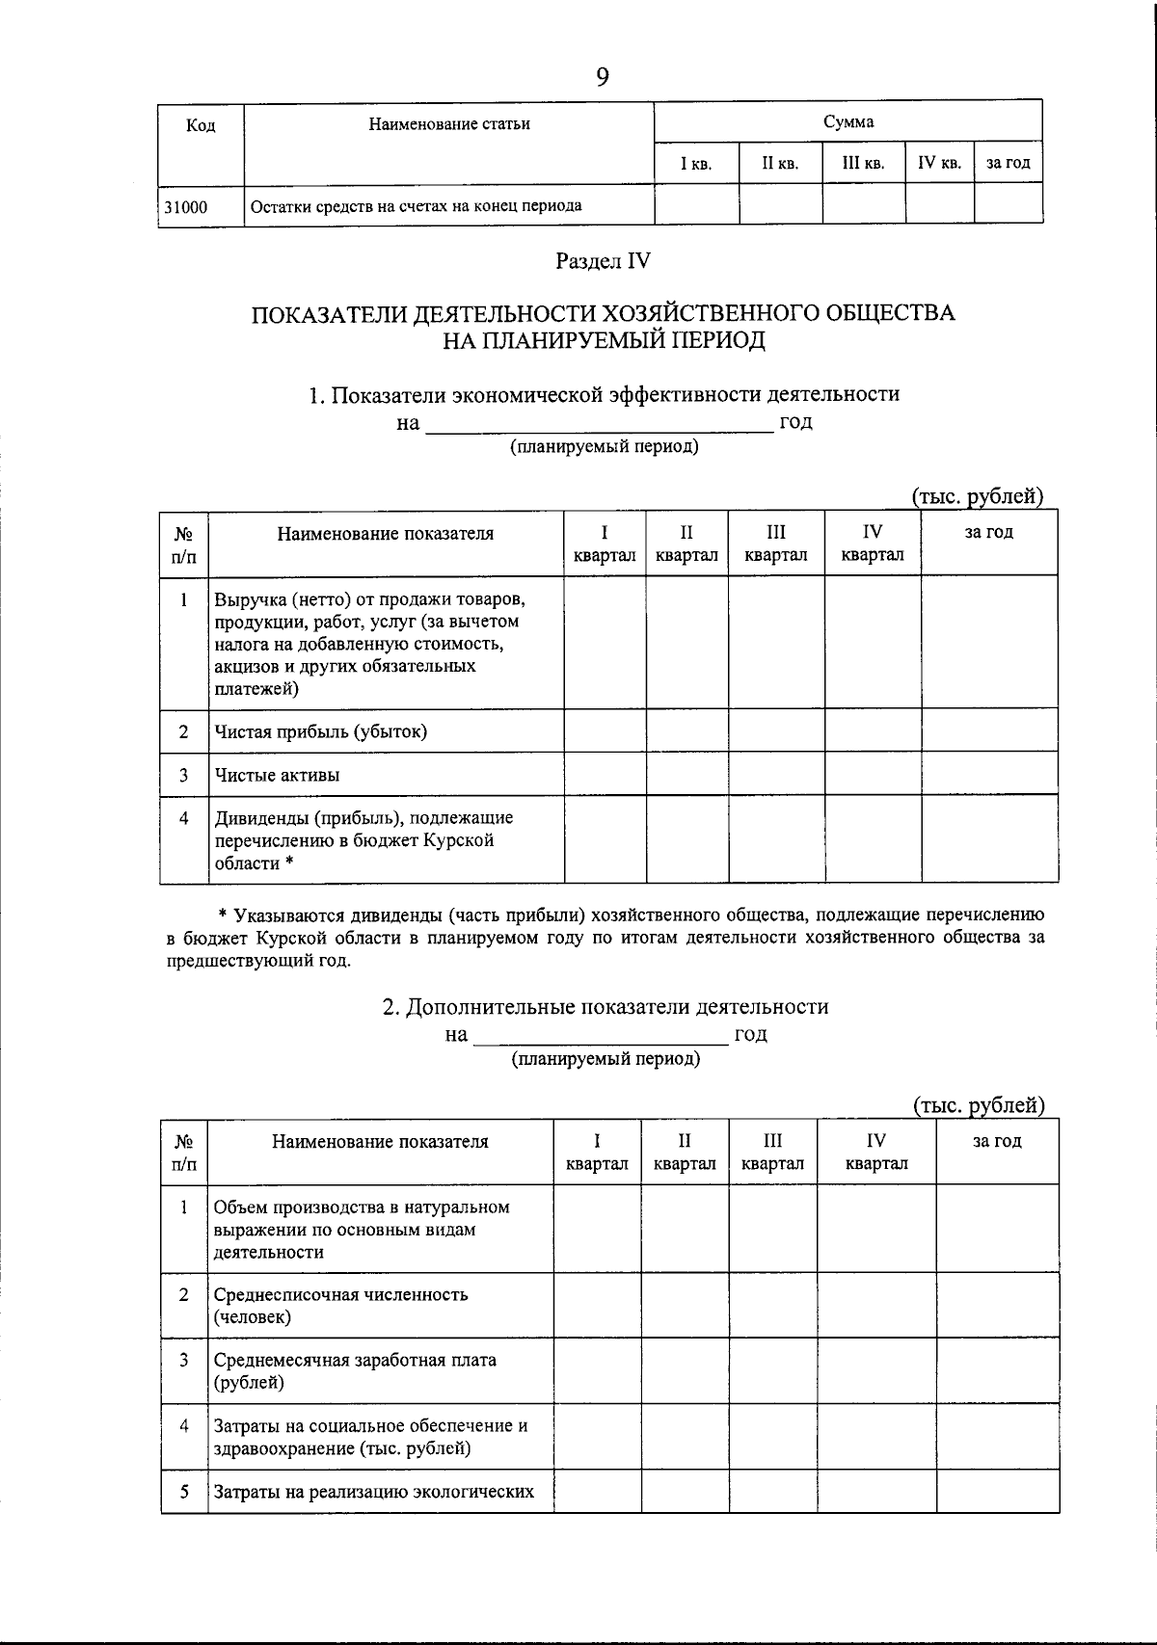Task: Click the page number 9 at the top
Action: point(603,77)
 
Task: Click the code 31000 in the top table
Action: point(186,206)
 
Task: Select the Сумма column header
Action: point(848,122)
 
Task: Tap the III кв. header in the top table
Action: point(863,164)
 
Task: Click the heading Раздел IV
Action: point(603,261)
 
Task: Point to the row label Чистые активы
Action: point(278,775)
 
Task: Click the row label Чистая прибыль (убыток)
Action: point(321,731)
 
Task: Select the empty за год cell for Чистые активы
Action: point(989,774)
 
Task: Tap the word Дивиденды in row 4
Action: point(256,818)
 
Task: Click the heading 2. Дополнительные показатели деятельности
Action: point(605,1007)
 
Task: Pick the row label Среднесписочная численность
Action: point(340,1295)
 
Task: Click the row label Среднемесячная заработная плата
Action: point(355,1361)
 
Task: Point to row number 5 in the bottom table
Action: point(184,1492)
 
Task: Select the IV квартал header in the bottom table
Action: point(876,1152)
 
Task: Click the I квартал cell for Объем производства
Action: point(597,1229)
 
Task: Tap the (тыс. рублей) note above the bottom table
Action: point(979,1105)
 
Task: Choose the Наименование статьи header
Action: point(449,124)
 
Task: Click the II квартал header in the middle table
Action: point(686,544)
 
